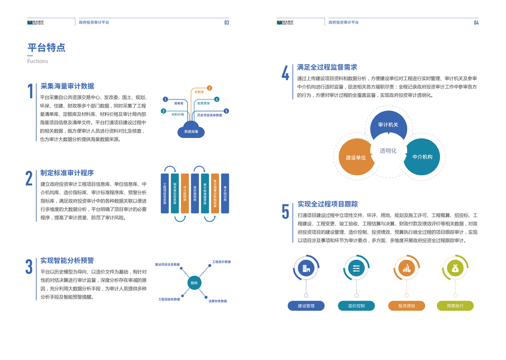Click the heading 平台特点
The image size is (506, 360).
[x=46, y=48]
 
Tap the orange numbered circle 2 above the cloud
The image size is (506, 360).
[x=209, y=88]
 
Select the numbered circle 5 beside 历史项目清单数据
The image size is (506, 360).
[x=226, y=111]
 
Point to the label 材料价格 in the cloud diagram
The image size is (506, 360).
[x=178, y=114]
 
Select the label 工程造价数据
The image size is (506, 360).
[x=222, y=262]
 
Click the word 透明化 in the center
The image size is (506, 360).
[x=388, y=151]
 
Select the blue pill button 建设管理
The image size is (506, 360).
[x=306, y=306]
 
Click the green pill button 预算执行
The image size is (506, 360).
[x=455, y=306]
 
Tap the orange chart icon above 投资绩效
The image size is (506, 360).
[x=406, y=268]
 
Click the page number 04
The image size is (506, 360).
[x=476, y=23]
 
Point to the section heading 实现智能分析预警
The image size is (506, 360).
[x=67, y=260]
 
